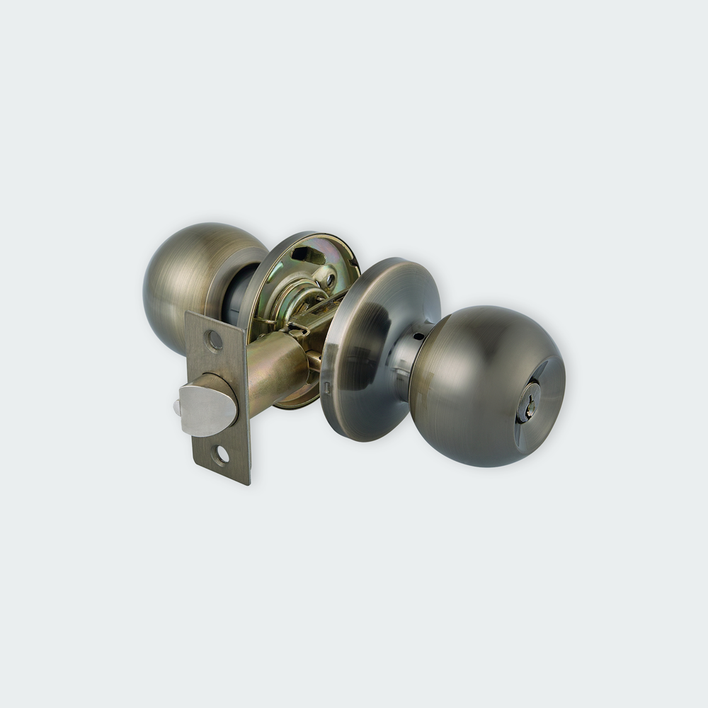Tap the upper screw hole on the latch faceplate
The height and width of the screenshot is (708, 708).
214,341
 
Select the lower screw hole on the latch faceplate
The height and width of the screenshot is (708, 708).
221,455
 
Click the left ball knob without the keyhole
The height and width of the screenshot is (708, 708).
188,280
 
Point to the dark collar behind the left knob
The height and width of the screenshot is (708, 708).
237,294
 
